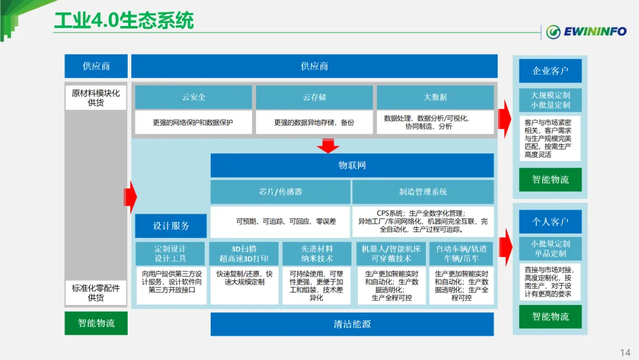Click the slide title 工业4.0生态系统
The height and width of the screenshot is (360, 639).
pos(124,21)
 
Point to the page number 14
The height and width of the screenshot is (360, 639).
pos(625,353)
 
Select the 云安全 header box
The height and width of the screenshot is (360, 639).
pos(193,97)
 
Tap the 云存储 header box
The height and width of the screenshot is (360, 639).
pos(314,97)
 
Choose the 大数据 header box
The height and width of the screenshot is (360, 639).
pos(435,97)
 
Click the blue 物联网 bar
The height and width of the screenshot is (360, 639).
pos(352,166)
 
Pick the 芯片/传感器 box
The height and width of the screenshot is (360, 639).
pos(280,192)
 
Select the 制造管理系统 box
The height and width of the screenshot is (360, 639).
pos(423,192)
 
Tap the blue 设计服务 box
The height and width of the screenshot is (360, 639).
pos(171,226)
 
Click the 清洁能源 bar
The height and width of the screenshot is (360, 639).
pos(352,324)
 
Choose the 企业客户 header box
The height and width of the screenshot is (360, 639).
pos(550,71)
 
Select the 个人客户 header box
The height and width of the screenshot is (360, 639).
pos(550,222)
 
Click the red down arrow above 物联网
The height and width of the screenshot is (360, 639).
pos(328,145)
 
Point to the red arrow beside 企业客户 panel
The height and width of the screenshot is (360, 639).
pos(505,114)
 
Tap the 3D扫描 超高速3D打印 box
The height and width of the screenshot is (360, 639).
pos(244,253)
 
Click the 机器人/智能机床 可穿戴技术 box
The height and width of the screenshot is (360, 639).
pos(390,253)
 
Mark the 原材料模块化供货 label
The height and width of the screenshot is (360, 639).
pos(96,98)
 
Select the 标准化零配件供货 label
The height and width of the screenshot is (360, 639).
pos(96,292)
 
